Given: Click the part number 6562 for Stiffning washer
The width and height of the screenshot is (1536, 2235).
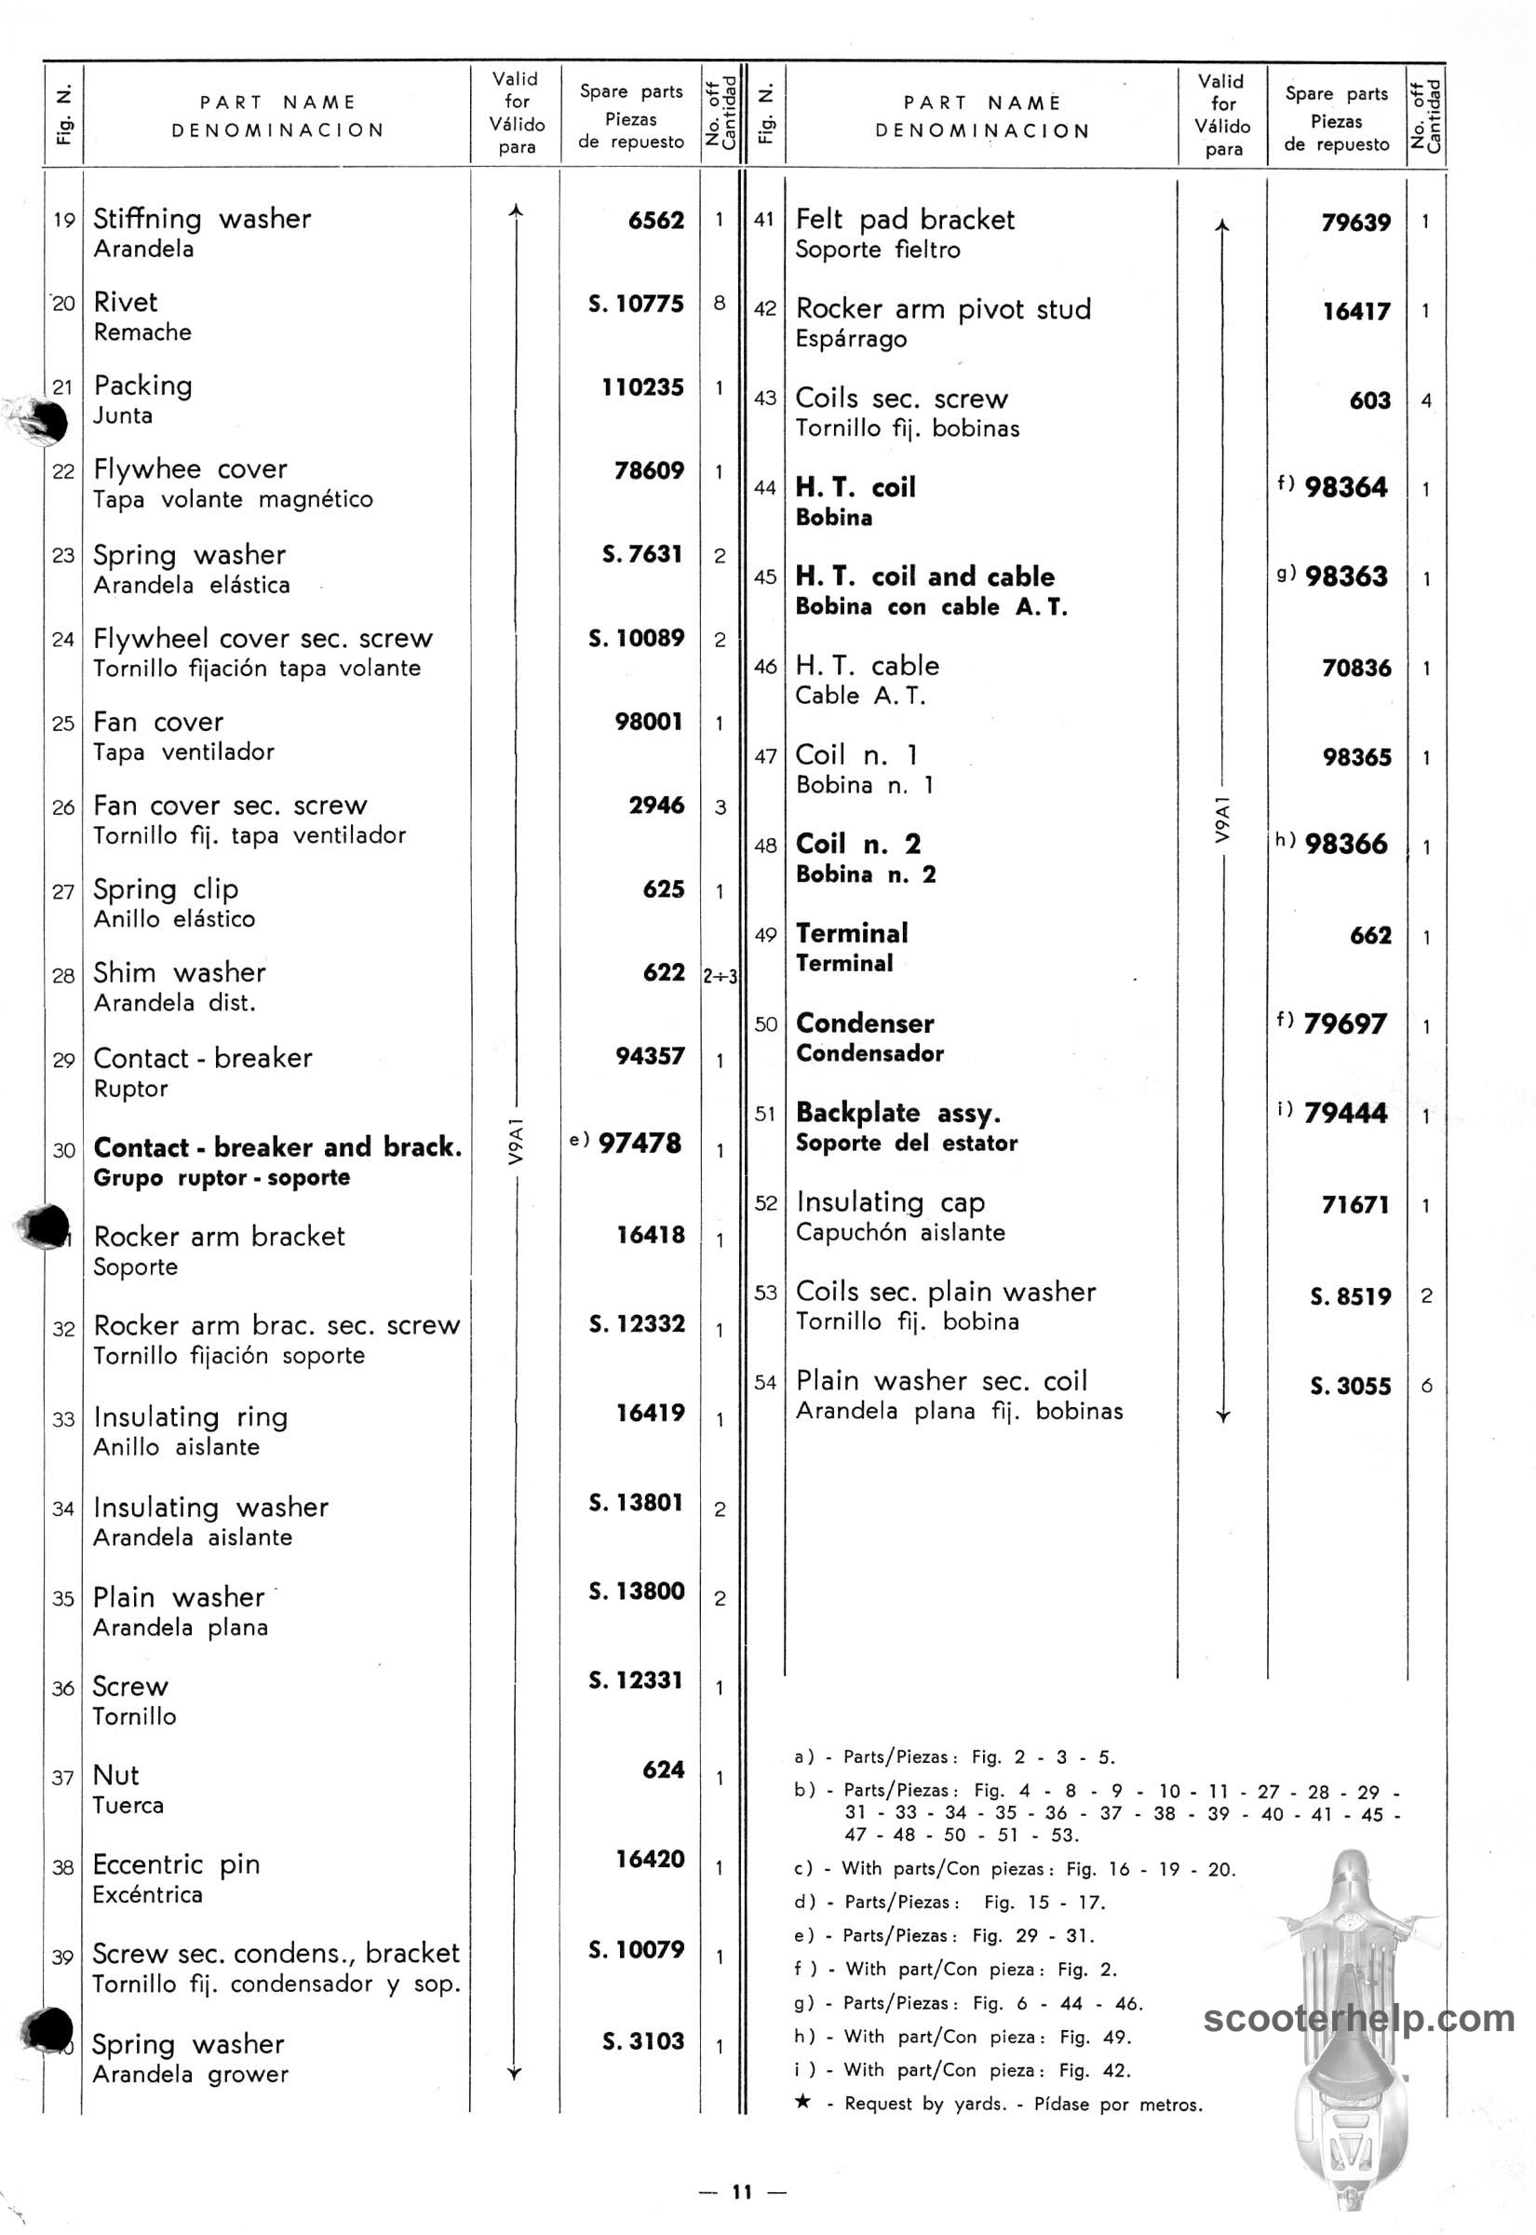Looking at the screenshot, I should [x=655, y=221].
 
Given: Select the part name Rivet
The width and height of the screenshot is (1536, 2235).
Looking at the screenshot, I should [x=125, y=303].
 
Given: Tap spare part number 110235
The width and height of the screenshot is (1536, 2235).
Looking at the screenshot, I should [x=642, y=387].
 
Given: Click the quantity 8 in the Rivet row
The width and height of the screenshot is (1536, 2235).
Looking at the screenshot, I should [x=719, y=304].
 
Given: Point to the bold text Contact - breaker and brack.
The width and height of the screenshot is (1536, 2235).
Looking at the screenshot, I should [x=277, y=1146].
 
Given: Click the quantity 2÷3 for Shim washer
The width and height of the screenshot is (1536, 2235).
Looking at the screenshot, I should [x=719, y=976].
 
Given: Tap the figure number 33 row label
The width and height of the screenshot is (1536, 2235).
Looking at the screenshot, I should [x=63, y=1419].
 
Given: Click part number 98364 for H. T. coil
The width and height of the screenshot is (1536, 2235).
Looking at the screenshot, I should [x=1345, y=487].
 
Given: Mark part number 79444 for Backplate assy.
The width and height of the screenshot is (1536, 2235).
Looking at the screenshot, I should [x=1344, y=1113].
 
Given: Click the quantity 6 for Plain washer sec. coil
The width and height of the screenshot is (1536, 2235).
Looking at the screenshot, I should [x=1425, y=1385].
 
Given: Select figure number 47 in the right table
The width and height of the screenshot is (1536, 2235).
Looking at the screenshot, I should [x=765, y=756].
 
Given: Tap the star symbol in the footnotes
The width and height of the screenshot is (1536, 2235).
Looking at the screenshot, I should [x=802, y=2102].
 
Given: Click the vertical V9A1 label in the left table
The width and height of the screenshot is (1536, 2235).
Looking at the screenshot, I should [x=516, y=1142].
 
